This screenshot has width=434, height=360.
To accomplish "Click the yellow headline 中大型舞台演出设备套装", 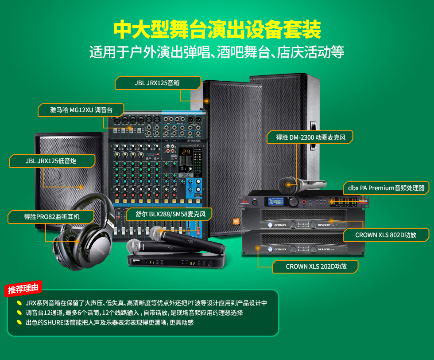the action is (x=217, y=29).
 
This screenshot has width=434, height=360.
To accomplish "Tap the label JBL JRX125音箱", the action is (x=158, y=83).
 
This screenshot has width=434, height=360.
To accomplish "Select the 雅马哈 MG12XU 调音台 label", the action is (x=81, y=110).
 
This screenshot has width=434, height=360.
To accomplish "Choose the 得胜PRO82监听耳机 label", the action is (x=51, y=217).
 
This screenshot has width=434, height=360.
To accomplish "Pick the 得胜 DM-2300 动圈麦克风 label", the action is (x=310, y=137).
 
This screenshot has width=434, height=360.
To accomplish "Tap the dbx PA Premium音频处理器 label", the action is (x=386, y=188).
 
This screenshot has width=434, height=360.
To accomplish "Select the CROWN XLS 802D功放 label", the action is (x=386, y=235).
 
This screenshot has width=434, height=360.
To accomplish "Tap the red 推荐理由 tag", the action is (x=23, y=289).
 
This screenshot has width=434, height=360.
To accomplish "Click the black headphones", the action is (x=83, y=232).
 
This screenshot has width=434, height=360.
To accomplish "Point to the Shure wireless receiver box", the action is (x=176, y=261).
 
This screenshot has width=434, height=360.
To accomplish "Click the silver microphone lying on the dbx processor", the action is (x=302, y=184).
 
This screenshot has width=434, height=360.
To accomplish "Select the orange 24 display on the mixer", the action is (x=186, y=152).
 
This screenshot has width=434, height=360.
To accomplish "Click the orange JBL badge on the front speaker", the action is (x=236, y=221).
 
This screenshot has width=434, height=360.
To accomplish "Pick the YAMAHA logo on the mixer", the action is (x=194, y=141).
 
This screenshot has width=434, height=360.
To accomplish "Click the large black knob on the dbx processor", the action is (x=293, y=201).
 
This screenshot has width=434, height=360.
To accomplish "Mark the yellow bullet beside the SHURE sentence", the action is (x=19, y=322).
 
